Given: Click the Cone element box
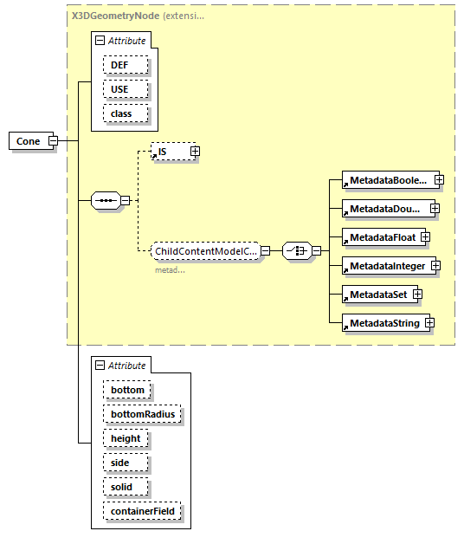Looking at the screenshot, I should point(29,140).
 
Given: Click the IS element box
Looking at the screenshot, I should point(169,152).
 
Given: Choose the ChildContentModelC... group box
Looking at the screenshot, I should point(204,251).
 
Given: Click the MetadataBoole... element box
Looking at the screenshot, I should point(387,180).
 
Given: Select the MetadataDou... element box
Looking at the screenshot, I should point(385,209).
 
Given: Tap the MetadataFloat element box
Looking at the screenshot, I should point(379,237).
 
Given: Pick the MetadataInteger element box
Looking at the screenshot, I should point(387,265).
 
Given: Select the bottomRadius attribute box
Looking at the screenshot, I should point(142,414).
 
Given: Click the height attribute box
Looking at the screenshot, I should point(126,438).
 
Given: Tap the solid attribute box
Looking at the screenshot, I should point(122,487).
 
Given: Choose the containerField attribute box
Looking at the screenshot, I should point(142,511).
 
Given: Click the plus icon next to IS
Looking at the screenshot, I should point(195,152).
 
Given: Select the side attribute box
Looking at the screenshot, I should point(120,463).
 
